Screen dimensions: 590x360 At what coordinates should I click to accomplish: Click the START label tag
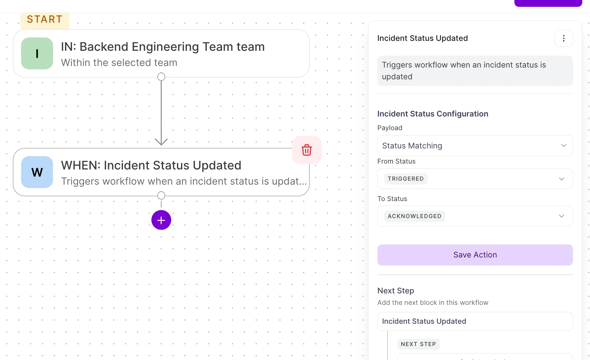pyautogui.click(x=45, y=20)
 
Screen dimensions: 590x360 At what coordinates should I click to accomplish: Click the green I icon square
pyautogui.click(x=37, y=53)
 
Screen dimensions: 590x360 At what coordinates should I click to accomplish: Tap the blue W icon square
pyautogui.click(x=37, y=172)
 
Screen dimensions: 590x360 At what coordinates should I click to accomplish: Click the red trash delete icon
pyautogui.click(x=307, y=150)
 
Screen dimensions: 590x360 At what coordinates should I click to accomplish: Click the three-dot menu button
pyautogui.click(x=564, y=38)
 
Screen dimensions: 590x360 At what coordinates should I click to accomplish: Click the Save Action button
pyautogui.click(x=475, y=255)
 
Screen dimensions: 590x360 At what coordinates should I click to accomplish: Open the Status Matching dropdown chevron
pyautogui.click(x=564, y=146)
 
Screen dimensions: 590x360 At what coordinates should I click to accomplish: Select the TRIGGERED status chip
pyautogui.click(x=406, y=179)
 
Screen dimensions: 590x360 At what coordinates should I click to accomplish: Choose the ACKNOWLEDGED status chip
pyautogui.click(x=415, y=216)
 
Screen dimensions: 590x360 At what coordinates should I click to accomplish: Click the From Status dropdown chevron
pyautogui.click(x=561, y=179)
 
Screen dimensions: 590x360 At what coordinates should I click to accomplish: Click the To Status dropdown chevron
pyautogui.click(x=561, y=216)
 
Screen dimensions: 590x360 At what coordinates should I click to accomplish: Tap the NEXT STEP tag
pyautogui.click(x=418, y=344)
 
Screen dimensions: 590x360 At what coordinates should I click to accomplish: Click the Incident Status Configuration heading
pyautogui.click(x=433, y=114)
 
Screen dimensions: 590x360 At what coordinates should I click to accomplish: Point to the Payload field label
pyautogui.click(x=390, y=128)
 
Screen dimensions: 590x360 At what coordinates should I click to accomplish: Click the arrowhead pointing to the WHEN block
pyautogui.click(x=161, y=142)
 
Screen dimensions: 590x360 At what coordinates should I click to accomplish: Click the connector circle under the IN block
pyautogui.click(x=161, y=77)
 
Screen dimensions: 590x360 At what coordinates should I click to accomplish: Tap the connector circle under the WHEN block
pyautogui.click(x=161, y=195)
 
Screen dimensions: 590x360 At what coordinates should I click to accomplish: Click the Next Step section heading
pyautogui.click(x=396, y=291)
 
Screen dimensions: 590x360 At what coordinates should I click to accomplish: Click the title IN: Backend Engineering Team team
pyautogui.click(x=163, y=47)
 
